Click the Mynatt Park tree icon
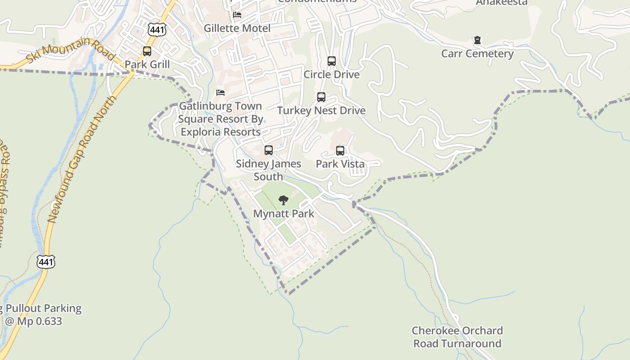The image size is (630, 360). click(x=283, y=200)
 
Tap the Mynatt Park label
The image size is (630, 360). click(x=283, y=213)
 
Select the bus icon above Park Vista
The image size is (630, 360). click(x=340, y=151)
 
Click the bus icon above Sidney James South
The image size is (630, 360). click(x=269, y=150)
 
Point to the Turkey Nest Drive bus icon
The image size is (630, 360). click(x=321, y=97)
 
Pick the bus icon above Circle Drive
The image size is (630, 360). click(x=332, y=61)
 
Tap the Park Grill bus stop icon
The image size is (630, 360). click(x=147, y=51)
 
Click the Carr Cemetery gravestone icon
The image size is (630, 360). click(x=477, y=40)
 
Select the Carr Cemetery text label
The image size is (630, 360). click(x=477, y=54)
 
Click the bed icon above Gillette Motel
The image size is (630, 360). click(x=237, y=15)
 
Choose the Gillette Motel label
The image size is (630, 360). click(x=237, y=28)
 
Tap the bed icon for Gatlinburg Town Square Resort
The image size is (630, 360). click(x=220, y=93)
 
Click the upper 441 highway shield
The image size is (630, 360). click(x=157, y=30)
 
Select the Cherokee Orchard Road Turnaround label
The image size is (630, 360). click(x=457, y=337)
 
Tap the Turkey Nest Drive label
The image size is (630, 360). click(x=321, y=111)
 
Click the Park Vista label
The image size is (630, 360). click(x=340, y=164)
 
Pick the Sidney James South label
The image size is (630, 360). click(x=269, y=170)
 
